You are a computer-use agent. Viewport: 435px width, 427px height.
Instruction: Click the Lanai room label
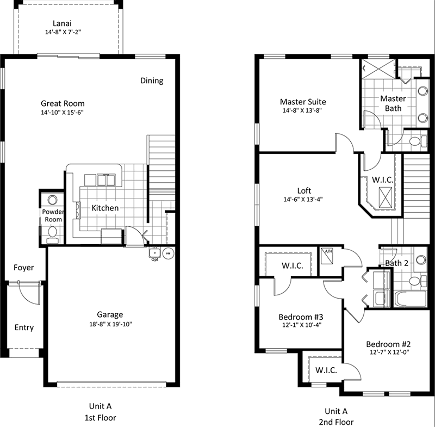[62, 23]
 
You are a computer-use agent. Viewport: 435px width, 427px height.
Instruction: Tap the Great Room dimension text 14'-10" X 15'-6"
[63, 113]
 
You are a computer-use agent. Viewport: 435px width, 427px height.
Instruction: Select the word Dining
[152, 81]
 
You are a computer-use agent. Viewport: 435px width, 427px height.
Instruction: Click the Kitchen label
[105, 208]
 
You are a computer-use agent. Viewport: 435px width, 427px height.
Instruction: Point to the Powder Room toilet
[52, 234]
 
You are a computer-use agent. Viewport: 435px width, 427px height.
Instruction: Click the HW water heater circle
[168, 253]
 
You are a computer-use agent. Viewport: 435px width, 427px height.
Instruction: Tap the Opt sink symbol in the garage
[155, 253]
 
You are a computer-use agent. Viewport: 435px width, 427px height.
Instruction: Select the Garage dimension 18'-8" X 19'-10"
[111, 324]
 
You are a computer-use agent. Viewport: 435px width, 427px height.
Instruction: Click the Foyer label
[23, 268]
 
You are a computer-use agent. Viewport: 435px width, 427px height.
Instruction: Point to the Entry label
[24, 327]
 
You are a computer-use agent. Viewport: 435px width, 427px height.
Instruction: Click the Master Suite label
[303, 102]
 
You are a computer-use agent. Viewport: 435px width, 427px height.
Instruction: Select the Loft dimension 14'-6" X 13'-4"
[303, 199]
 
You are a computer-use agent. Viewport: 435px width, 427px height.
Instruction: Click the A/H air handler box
[327, 256]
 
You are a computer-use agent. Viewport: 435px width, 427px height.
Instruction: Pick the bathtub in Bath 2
[411, 299]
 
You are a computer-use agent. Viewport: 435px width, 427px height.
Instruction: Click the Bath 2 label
[397, 263]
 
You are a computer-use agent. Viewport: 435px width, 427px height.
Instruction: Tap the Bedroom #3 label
[301, 317]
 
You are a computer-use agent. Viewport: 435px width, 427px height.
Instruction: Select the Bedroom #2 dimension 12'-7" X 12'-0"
[389, 352]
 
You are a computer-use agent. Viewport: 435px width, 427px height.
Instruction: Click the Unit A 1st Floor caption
[101, 412]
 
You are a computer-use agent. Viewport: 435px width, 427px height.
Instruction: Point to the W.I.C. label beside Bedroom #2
[326, 370]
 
